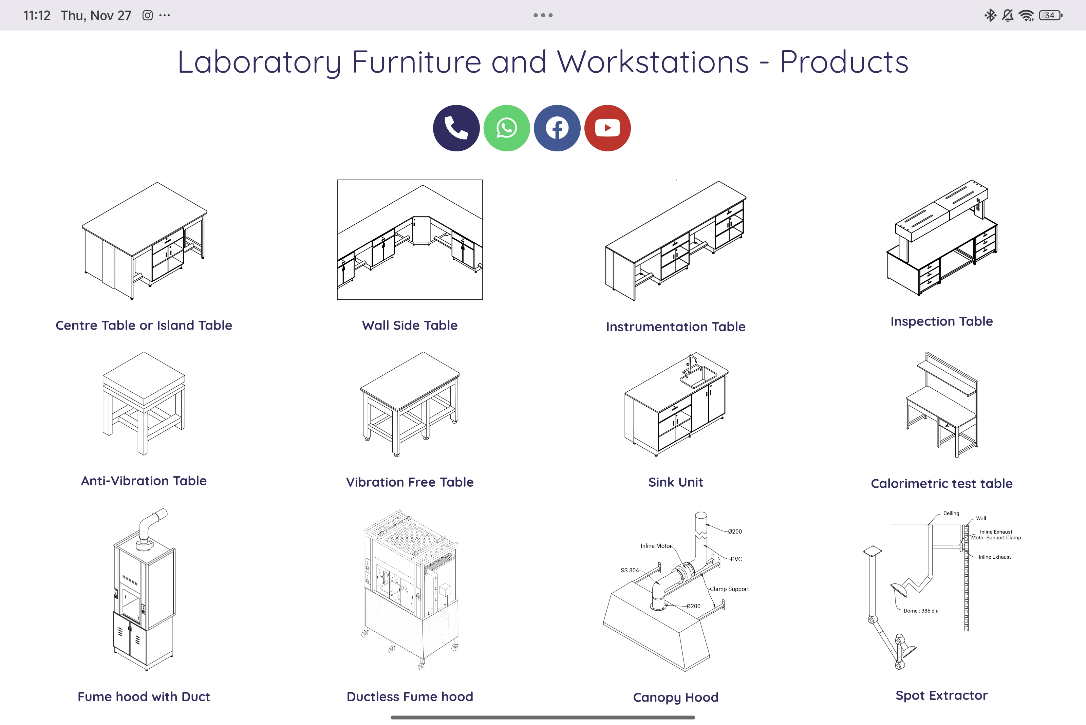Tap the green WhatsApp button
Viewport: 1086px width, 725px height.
(506, 128)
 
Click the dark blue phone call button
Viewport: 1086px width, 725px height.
(456, 128)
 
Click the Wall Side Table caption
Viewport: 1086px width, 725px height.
(410, 325)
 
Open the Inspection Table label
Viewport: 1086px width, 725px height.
(941, 321)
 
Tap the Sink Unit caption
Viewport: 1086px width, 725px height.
(675, 482)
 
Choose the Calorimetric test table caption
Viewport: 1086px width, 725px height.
(941, 484)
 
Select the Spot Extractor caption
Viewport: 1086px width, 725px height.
(941, 695)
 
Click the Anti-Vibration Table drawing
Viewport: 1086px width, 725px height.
(144, 403)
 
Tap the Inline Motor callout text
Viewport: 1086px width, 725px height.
(656, 546)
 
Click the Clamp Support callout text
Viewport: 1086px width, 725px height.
(729, 589)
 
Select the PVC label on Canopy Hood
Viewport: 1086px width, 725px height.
(736, 559)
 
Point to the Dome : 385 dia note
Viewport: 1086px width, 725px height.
(920, 611)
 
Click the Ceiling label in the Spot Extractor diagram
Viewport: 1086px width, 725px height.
(951, 513)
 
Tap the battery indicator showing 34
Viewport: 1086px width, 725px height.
(1050, 15)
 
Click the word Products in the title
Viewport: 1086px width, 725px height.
(844, 62)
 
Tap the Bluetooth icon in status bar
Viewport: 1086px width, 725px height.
(990, 15)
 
